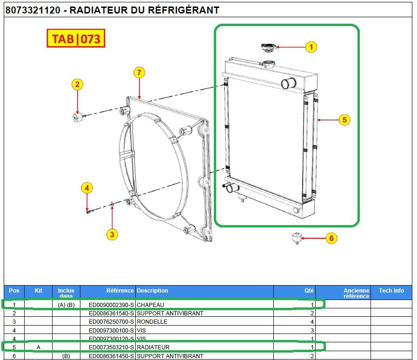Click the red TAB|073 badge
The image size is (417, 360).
click(76, 39)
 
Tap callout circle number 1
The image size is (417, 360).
click(311, 47)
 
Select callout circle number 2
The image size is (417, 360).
click(78, 84)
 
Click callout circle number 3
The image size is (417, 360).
click(111, 234)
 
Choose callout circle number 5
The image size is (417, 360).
click(344, 120)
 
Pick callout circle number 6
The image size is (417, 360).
click(331, 239)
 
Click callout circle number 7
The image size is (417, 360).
click(139, 72)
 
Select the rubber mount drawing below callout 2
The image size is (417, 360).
click(77, 116)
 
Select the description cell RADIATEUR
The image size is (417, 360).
click(153, 347)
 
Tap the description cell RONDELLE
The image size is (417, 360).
click(152, 322)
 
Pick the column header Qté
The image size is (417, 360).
click(309, 291)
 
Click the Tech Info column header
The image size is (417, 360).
click(391, 291)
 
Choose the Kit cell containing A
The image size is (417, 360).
click(38, 347)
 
